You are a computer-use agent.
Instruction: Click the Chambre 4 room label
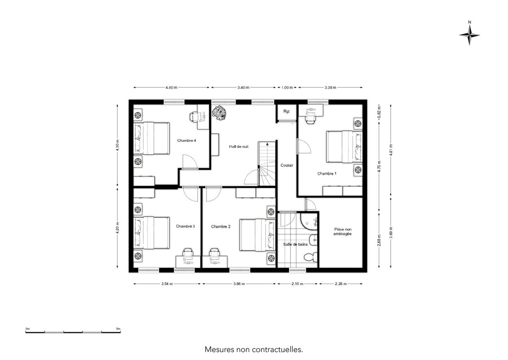[x=186, y=140]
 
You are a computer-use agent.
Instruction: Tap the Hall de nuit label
[x=239, y=147]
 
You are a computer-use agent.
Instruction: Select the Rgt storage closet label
[x=287, y=111]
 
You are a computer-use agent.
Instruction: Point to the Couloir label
[x=287, y=165]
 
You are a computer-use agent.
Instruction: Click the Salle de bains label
[x=295, y=244]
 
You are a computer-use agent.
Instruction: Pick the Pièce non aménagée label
[x=342, y=231]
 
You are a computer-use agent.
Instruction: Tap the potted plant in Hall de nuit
[x=219, y=113]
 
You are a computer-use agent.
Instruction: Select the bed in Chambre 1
[x=344, y=147]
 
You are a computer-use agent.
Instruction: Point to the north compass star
[x=469, y=35]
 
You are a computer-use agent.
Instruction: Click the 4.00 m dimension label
[x=172, y=88]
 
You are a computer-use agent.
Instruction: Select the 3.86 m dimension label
[x=239, y=284]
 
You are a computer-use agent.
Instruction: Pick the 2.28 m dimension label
[x=341, y=284]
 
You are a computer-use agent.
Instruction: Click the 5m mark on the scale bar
[x=118, y=329]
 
